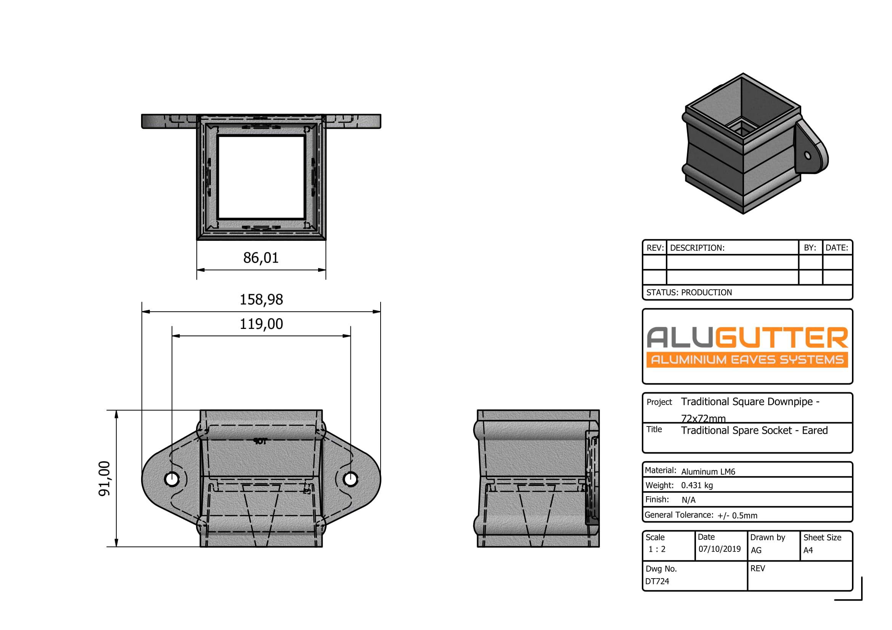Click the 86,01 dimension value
pos(261,258)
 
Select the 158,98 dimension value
pos(261,300)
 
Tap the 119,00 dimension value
pos(261,324)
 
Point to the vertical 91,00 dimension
pos(104,478)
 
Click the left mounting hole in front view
pos(171,479)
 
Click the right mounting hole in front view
pos(351,479)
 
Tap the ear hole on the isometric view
pos(808,155)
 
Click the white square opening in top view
pos(261,177)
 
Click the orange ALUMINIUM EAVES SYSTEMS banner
pos(747,360)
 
